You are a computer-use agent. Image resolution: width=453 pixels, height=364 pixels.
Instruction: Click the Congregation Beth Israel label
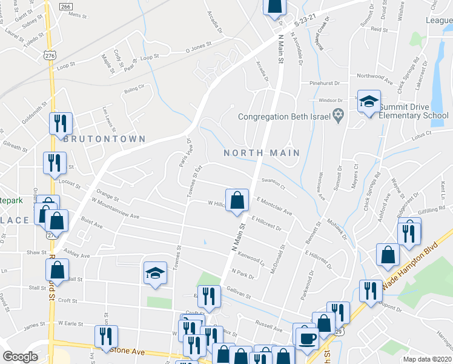(x=283, y=116)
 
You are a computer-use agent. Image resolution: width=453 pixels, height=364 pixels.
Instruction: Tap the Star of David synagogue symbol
(x=339, y=115)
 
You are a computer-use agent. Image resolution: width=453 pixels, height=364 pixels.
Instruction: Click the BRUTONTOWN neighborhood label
(x=105, y=139)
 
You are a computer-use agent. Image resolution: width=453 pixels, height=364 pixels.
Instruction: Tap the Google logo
(x=19, y=357)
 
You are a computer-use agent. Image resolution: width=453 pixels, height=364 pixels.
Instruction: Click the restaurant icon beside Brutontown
(x=61, y=124)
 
